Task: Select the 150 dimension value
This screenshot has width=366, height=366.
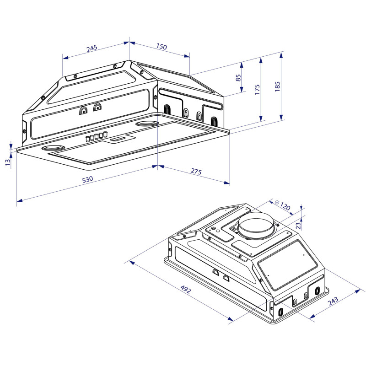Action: pos(161,47)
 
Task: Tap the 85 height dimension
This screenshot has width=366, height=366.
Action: pos(238,78)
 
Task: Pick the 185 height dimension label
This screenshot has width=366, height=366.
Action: pos(278,86)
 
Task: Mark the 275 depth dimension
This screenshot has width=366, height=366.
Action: pos(195,172)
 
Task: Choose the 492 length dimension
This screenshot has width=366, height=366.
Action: pos(185,290)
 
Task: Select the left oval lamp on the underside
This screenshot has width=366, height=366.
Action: pos(53,148)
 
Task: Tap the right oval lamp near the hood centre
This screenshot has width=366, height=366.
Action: pos(147,124)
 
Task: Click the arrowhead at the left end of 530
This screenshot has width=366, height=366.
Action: pos(19,200)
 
